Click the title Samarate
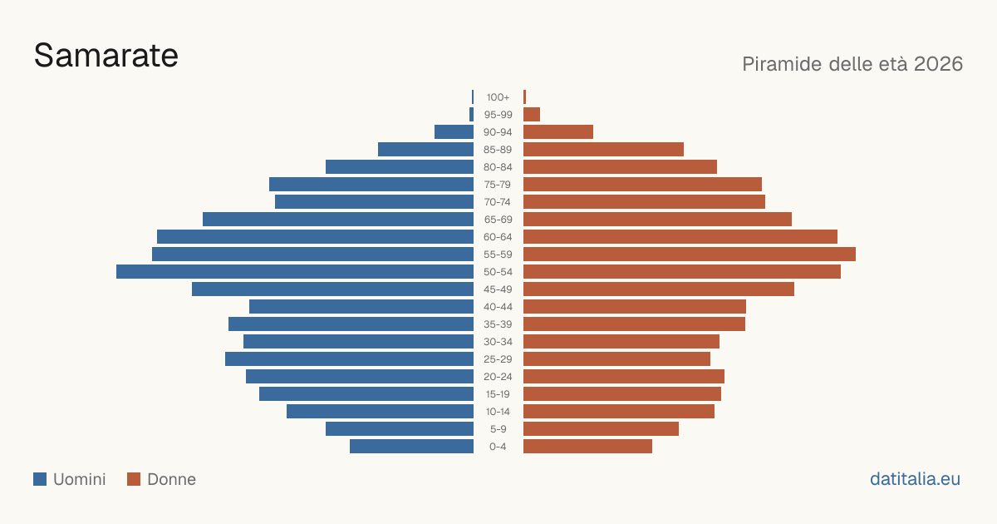pos(106,56)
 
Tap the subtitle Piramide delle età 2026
pos(852,64)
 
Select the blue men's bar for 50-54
pos(295,272)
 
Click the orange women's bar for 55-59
pos(690,255)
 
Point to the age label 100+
pos(498,97)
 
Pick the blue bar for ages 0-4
pos(412,447)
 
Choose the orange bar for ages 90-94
pos(558,132)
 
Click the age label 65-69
pos(498,220)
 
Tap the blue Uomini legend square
pos(40,479)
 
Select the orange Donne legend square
pos(134,479)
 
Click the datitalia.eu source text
pos(915,479)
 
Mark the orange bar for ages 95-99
pos(532,115)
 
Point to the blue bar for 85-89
pos(425,150)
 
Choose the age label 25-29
pos(498,359)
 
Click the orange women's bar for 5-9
pos(601,429)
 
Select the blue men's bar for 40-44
pos(361,307)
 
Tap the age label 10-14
pos(498,412)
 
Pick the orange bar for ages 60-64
pos(680,237)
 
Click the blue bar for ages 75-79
pos(371,185)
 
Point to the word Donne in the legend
pos(171,479)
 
